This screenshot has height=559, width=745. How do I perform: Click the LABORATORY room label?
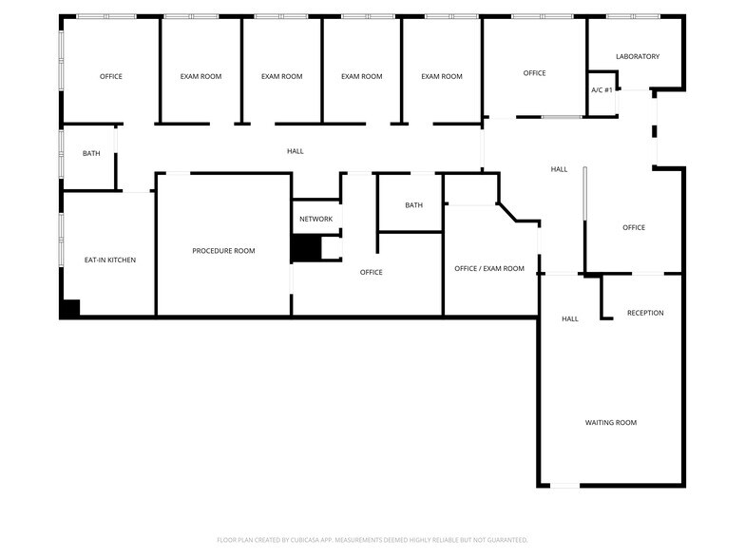tap(637, 57)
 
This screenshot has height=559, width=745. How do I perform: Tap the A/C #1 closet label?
tap(602, 90)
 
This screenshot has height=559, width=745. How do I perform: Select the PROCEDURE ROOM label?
tap(223, 251)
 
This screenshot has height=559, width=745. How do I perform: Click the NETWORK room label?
tap(315, 220)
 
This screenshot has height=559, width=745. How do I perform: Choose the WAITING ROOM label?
tap(610, 423)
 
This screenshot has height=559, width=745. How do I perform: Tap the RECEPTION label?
tap(645, 313)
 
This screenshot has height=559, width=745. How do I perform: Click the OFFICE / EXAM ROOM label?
tap(489, 269)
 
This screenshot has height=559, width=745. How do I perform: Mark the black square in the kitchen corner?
tap(69, 308)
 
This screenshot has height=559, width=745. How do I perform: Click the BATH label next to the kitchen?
tap(91, 153)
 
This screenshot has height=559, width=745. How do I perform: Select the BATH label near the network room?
tap(413, 205)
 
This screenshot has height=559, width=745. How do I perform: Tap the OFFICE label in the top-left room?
tap(111, 77)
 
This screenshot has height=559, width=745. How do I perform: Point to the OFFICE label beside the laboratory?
tap(534, 73)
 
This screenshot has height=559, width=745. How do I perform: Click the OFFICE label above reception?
tap(634, 228)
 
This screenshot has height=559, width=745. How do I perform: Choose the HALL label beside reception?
tap(570, 319)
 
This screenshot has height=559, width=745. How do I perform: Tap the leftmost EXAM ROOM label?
tap(201, 77)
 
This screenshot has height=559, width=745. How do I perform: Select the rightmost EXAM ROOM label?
tap(442, 77)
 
